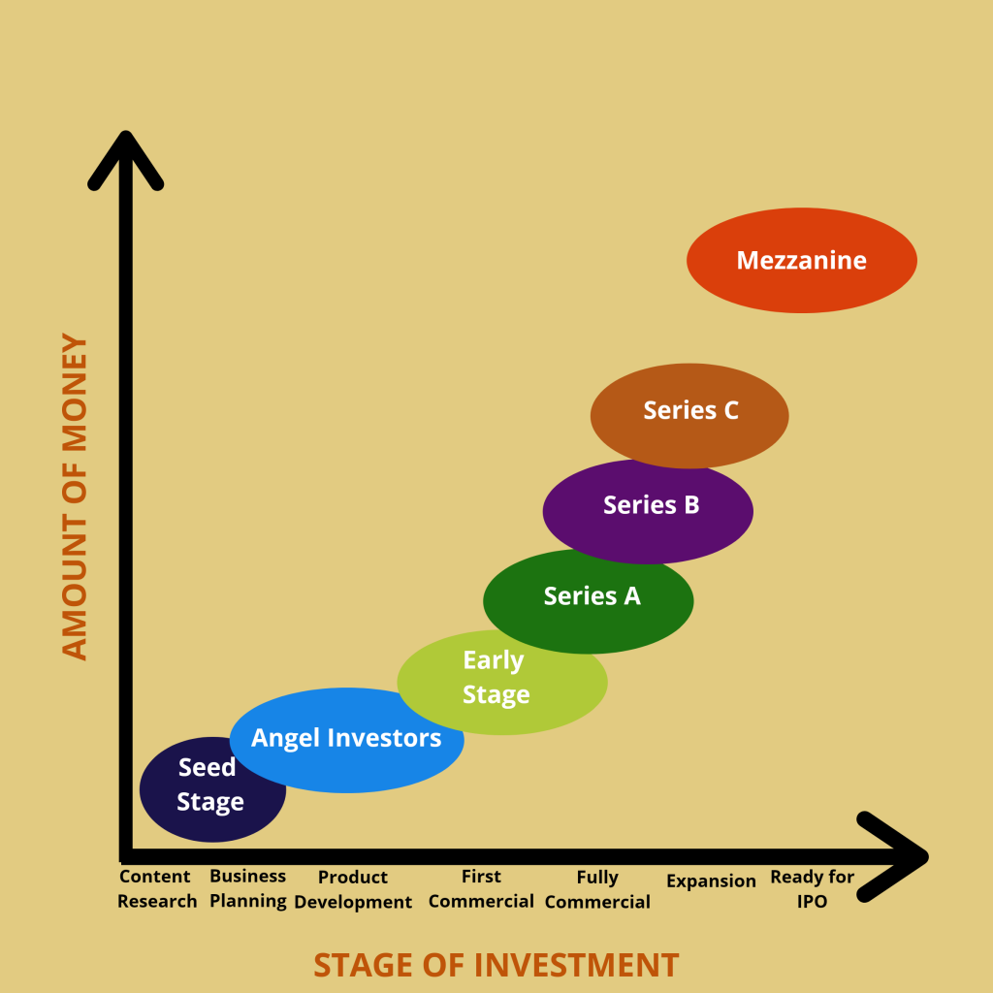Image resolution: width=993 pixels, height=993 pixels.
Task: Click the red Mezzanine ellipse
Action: tap(802, 260)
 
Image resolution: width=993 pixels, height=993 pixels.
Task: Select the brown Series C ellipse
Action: tap(689, 415)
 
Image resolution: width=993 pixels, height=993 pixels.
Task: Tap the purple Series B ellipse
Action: tap(648, 512)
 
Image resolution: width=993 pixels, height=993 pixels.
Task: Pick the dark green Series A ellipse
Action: tap(589, 601)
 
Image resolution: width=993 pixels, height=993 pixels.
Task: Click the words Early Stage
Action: tap(496, 677)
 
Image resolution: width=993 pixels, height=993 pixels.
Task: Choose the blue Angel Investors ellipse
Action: tap(347, 740)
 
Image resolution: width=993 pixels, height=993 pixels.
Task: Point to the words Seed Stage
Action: tap(209, 785)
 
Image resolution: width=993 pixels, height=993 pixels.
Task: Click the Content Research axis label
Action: tap(156, 888)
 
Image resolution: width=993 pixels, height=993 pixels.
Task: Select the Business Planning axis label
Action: tap(247, 888)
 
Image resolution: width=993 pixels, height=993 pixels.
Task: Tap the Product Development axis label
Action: tap(353, 889)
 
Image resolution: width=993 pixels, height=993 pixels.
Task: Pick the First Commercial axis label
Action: tap(481, 888)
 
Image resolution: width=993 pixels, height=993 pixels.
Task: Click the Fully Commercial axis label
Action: tap(597, 889)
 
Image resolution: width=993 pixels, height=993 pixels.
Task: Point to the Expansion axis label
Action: tap(711, 881)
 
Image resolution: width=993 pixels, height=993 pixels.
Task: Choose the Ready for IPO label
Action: tap(812, 888)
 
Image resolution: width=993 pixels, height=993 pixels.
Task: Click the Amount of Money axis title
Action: tap(75, 497)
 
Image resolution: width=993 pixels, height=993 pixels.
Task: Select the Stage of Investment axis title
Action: tap(496, 965)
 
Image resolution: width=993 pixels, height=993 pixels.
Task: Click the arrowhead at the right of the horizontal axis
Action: tap(893, 857)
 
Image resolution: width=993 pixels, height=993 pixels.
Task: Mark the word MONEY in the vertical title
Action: tap(75, 394)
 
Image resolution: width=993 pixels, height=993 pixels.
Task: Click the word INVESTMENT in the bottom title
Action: tap(576, 965)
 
